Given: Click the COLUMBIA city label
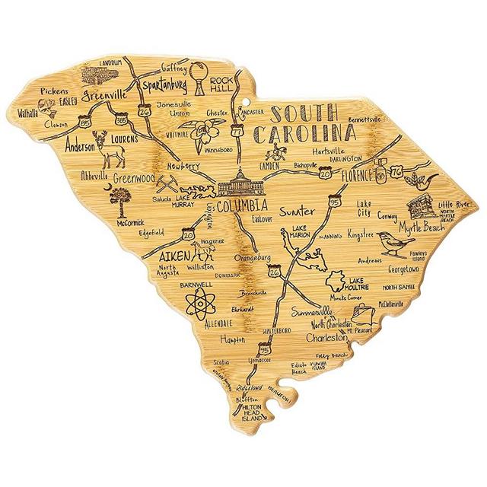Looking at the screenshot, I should (241, 206).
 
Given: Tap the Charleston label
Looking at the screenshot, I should (326, 336).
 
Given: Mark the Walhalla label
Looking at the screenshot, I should (49, 110).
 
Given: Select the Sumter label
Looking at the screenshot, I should (297, 209).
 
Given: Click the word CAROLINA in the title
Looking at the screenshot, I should (304, 135).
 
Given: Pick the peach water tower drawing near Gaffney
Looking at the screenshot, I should (199, 77).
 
